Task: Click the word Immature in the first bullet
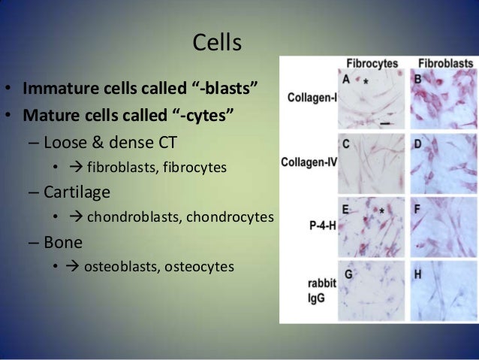(x=55, y=92)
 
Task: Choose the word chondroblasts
(x=131, y=217)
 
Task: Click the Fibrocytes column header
(x=372, y=64)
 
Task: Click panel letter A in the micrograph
(x=345, y=78)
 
